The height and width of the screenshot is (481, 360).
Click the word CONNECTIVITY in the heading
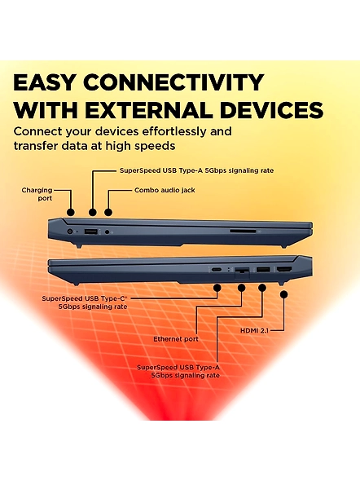point(173,82)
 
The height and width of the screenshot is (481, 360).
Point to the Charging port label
point(37,194)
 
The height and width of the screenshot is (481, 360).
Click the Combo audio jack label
point(165,190)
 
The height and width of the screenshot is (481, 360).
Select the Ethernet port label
point(176,339)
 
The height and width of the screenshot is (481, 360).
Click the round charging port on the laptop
point(71,232)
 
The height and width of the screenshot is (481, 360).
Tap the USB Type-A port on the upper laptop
point(90,232)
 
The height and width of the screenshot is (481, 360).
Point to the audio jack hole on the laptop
point(107,232)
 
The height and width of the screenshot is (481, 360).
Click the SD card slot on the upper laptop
point(244,231)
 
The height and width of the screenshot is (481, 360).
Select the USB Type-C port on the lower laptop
point(217,270)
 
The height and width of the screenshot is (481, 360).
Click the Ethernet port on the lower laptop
point(242,271)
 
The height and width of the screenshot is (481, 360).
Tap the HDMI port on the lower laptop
point(284,270)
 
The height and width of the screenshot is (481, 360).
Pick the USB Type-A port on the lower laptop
point(263,270)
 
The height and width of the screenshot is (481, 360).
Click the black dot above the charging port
point(71,212)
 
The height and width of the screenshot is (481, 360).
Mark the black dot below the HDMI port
point(284,294)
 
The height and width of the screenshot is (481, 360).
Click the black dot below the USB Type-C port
point(217,288)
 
